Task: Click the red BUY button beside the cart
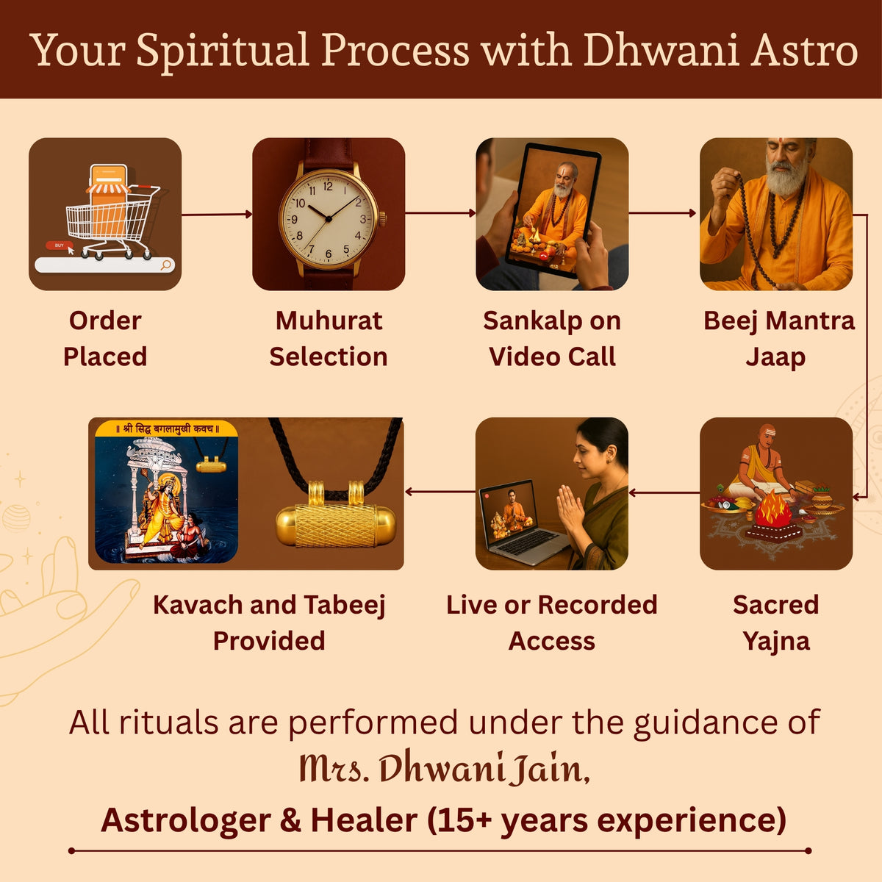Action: point(59,245)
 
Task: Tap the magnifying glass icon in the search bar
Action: point(166,265)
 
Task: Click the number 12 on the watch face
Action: point(328,186)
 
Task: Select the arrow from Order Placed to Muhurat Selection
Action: point(217,214)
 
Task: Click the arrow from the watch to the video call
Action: point(440,213)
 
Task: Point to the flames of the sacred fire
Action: point(773,508)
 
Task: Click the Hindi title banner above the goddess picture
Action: point(166,429)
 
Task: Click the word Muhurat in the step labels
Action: point(329,321)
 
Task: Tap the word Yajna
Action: point(776,641)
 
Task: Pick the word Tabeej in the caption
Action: point(345,605)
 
